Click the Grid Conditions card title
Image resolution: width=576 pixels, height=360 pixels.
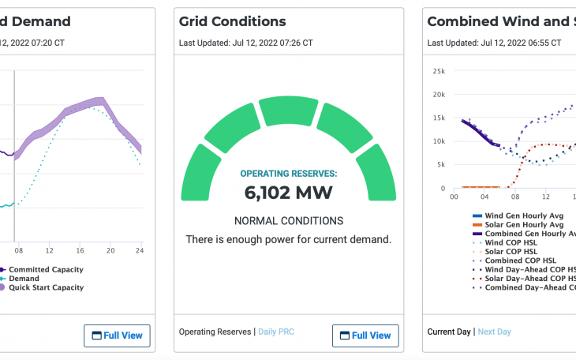click(232, 21)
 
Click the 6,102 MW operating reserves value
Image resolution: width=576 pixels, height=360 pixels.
click(288, 192)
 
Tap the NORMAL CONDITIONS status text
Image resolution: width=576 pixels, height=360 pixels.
click(288, 221)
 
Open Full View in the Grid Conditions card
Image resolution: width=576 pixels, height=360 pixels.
click(365, 336)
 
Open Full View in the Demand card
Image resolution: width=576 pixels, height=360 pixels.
click(117, 336)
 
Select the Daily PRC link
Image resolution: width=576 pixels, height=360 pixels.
click(275, 332)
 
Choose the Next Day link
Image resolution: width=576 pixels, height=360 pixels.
click(494, 332)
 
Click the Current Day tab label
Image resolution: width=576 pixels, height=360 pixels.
click(448, 332)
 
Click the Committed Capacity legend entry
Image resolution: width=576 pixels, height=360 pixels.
click(46, 269)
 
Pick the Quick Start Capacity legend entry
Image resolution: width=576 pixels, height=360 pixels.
click(46, 287)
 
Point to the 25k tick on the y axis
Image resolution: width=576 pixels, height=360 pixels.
click(439, 70)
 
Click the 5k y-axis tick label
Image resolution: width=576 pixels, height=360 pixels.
click(441, 165)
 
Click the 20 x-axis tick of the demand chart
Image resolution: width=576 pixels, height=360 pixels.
click(110, 250)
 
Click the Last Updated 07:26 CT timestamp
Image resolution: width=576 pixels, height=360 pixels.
click(245, 43)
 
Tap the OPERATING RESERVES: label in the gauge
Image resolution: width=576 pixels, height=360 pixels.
click(288, 173)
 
